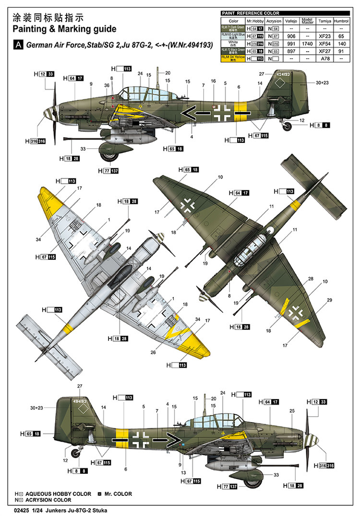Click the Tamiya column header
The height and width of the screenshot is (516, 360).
pos(324,21)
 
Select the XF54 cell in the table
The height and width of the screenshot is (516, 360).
pos(324,43)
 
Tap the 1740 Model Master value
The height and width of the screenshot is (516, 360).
pos(307,43)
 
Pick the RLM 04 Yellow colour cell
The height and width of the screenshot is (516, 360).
pos(233,58)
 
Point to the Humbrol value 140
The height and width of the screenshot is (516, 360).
pos(341,43)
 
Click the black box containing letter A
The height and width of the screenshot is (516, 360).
pos(19,45)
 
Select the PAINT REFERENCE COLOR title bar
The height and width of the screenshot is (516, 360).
pos(250,13)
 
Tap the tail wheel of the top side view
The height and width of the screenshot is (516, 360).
pos(287,126)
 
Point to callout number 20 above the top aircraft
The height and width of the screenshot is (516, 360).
pos(168,73)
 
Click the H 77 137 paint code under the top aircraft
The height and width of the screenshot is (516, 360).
pos(108,171)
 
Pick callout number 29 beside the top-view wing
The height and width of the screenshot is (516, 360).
pos(329,300)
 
